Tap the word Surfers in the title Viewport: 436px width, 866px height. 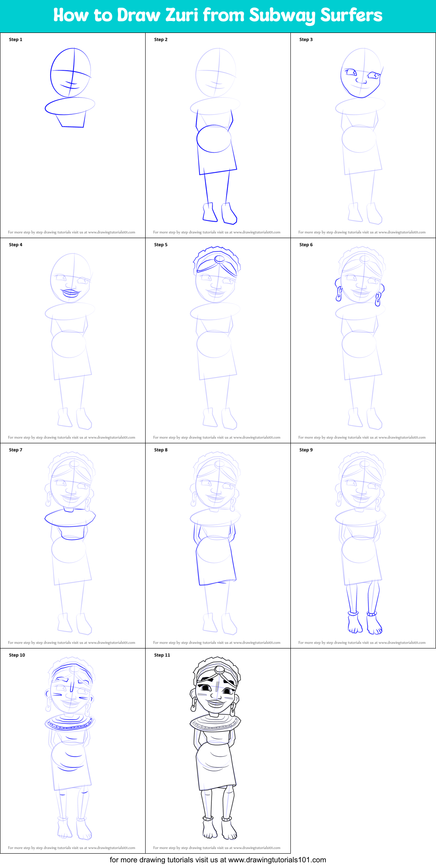[351, 15]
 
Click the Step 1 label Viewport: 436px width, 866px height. [16, 39]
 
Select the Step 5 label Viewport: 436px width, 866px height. [161, 245]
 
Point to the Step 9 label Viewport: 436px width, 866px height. [306, 450]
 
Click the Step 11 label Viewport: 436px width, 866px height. [162, 655]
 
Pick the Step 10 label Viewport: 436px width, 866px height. [17, 655]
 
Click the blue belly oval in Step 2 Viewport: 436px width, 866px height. [214, 139]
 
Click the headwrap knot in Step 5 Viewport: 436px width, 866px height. [219, 259]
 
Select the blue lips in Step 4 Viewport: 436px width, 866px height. [71, 293]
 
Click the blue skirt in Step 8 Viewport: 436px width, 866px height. [216, 561]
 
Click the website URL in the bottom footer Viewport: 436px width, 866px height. [277, 860]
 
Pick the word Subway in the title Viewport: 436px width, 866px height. [283, 15]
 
